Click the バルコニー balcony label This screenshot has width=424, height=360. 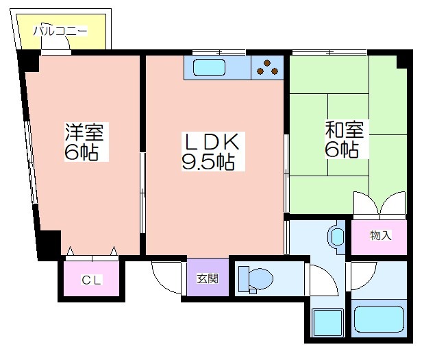(60, 31)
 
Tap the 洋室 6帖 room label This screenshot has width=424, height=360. (84, 142)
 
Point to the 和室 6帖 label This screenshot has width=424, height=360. (345, 139)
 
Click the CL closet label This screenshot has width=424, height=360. (91, 280)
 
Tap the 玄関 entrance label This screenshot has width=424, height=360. (208, 278)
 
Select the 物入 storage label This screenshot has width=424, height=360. (381, 235)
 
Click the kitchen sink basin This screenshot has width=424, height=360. (210, 67)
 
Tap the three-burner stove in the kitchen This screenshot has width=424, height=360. (267, 67)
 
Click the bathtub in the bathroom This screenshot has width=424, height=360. (379, 319)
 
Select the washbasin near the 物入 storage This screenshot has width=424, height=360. (336, 237)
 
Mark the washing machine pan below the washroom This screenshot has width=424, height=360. (327, 322)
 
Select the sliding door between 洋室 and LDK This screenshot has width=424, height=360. (142, 193)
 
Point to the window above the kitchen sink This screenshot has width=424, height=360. (219, 52)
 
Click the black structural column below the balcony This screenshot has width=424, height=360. (29, 62)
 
